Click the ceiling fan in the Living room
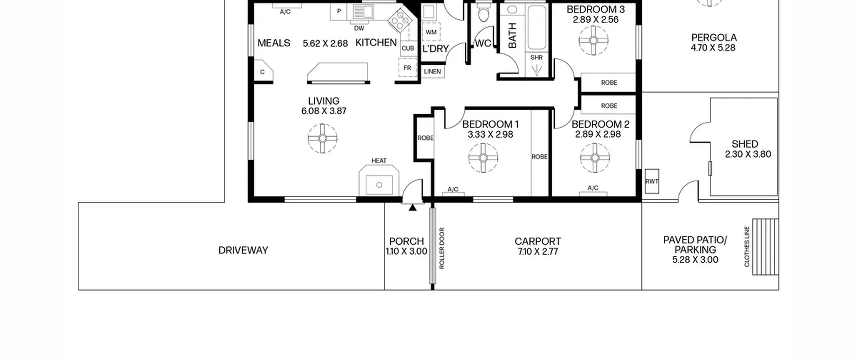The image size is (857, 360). tap(322, 138)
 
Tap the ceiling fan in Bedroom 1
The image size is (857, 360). tap(483, 158)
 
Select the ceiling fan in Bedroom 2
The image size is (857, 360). tap(595, 158)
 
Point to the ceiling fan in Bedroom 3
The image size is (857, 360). tap(594, 41)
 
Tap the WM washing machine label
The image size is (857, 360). tap(431, 32)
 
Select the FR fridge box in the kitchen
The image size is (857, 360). tap(407, 68)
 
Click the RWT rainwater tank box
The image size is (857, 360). tap(652, 181)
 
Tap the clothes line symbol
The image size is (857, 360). tap(765, 247)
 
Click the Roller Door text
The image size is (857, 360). tap(442, 248)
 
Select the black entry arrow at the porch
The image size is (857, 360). tap(413, 208)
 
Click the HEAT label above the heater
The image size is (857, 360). tap(379, 161)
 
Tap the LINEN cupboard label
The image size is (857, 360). tap(433, 72)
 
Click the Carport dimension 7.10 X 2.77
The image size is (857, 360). tap(538, 251)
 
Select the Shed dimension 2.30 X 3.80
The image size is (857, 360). tap(748, 154)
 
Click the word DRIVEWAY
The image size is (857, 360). tap(243, 250)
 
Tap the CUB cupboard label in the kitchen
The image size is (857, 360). tap(408, 48)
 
